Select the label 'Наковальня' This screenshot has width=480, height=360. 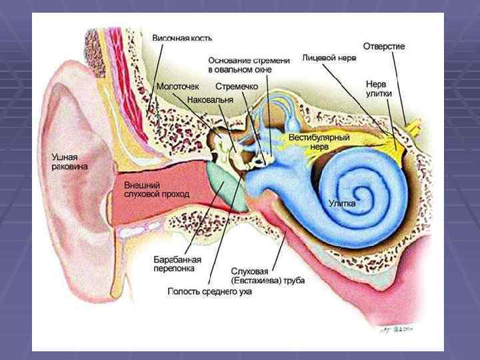pos(211,99)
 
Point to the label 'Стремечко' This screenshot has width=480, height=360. pos(237,87)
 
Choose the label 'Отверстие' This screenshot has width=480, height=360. pos(384,46)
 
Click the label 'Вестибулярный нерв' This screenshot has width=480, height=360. pos(319,141)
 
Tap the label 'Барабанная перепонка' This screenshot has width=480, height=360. pos(179,264)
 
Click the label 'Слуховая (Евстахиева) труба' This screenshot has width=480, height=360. pos(267,276)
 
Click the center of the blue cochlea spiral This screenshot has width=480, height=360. pos(353,185)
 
